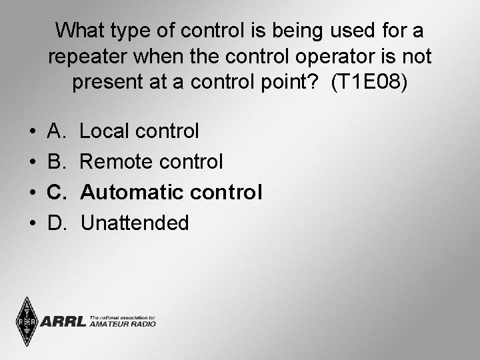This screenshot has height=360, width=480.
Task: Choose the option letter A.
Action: pyautogui.click(x=56, y=131)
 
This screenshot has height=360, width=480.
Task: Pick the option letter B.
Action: pyautogui.click(x=56, y=162)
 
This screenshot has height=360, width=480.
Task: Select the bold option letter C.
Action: pyautogui.click(x=57, y=193)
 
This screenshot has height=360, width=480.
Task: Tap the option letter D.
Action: pyautogui.click(x=57, y=223)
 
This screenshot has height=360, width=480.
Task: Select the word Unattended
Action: pyautogui.click(x=135, y=223)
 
